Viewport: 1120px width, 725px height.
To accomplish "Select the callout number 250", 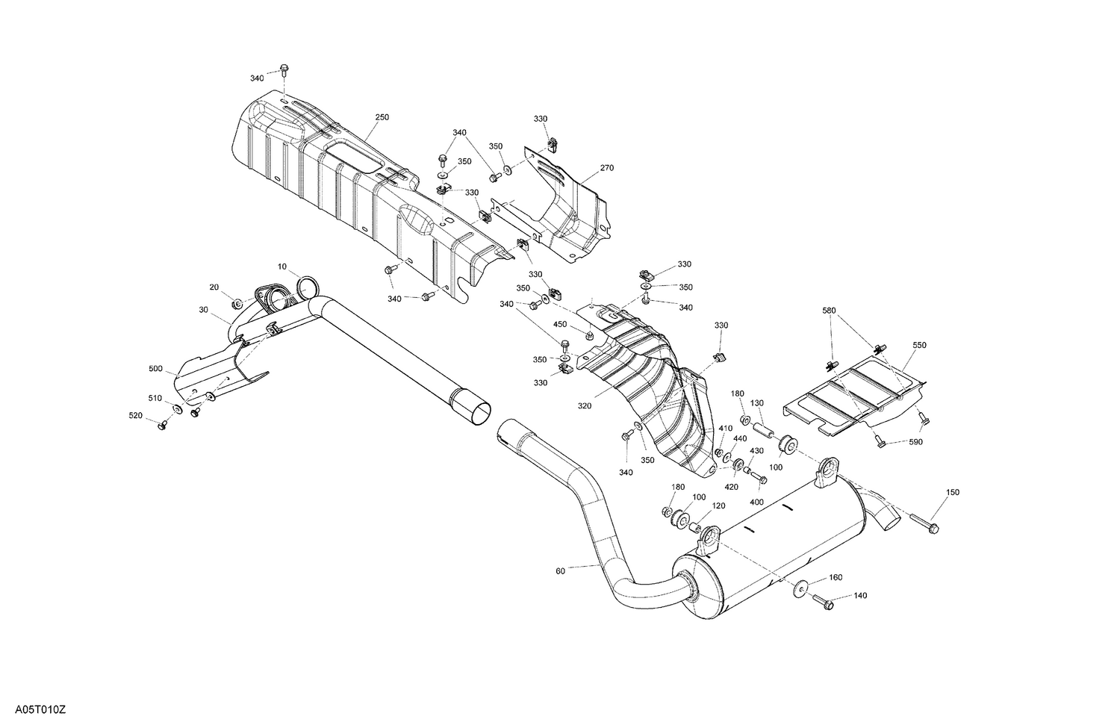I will pos(382,117).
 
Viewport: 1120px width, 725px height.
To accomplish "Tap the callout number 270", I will pos(606,168).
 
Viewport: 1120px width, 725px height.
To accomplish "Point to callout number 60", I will pos(560,570).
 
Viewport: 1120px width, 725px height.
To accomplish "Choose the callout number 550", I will pos(918,346).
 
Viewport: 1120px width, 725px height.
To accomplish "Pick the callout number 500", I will pos(155,369).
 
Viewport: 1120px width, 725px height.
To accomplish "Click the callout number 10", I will pos(282,267).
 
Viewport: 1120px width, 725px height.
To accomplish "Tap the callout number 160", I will pos(836,577).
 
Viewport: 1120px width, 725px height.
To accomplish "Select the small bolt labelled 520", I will pos(162,424).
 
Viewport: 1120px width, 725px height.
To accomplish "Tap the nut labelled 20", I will pos(237,303).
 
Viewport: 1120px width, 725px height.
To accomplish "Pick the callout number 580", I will pos(830,310).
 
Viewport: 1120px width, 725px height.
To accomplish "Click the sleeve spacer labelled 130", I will pos(762,431).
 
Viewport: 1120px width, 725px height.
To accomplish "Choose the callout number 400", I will pos(756,502).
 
